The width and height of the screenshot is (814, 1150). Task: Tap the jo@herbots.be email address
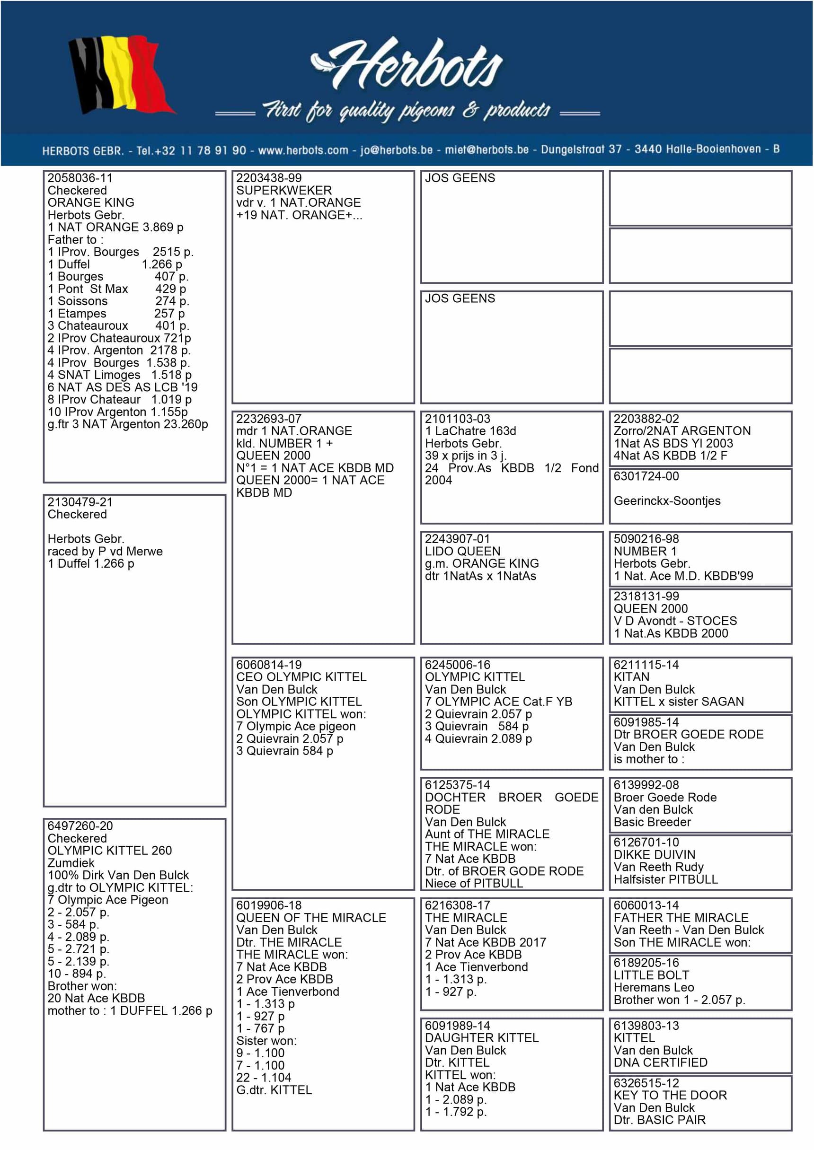(396, 150)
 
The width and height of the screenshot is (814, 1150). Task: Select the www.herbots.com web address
(303, 150)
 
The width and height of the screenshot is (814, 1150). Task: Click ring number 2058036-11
(80, 178)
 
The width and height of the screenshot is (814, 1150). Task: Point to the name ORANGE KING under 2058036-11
(91, 203)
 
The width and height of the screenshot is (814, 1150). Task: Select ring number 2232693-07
(269, 419)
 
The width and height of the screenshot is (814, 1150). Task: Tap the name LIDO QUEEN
(462, 552)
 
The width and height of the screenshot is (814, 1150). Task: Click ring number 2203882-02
(646, 419)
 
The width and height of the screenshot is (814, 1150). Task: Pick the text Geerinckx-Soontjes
(667, 501)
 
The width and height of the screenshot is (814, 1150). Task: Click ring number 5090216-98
(646, 539)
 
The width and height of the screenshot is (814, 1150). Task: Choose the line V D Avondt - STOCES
(675, 621)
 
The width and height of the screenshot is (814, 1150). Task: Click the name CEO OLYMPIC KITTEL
(301, 677)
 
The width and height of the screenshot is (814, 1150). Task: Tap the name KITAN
(631, 677)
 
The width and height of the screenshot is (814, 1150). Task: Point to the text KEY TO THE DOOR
(670, 1096)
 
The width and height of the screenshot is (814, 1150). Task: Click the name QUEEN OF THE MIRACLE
(311, 918)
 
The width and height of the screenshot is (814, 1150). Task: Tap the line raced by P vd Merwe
(105, 552)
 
